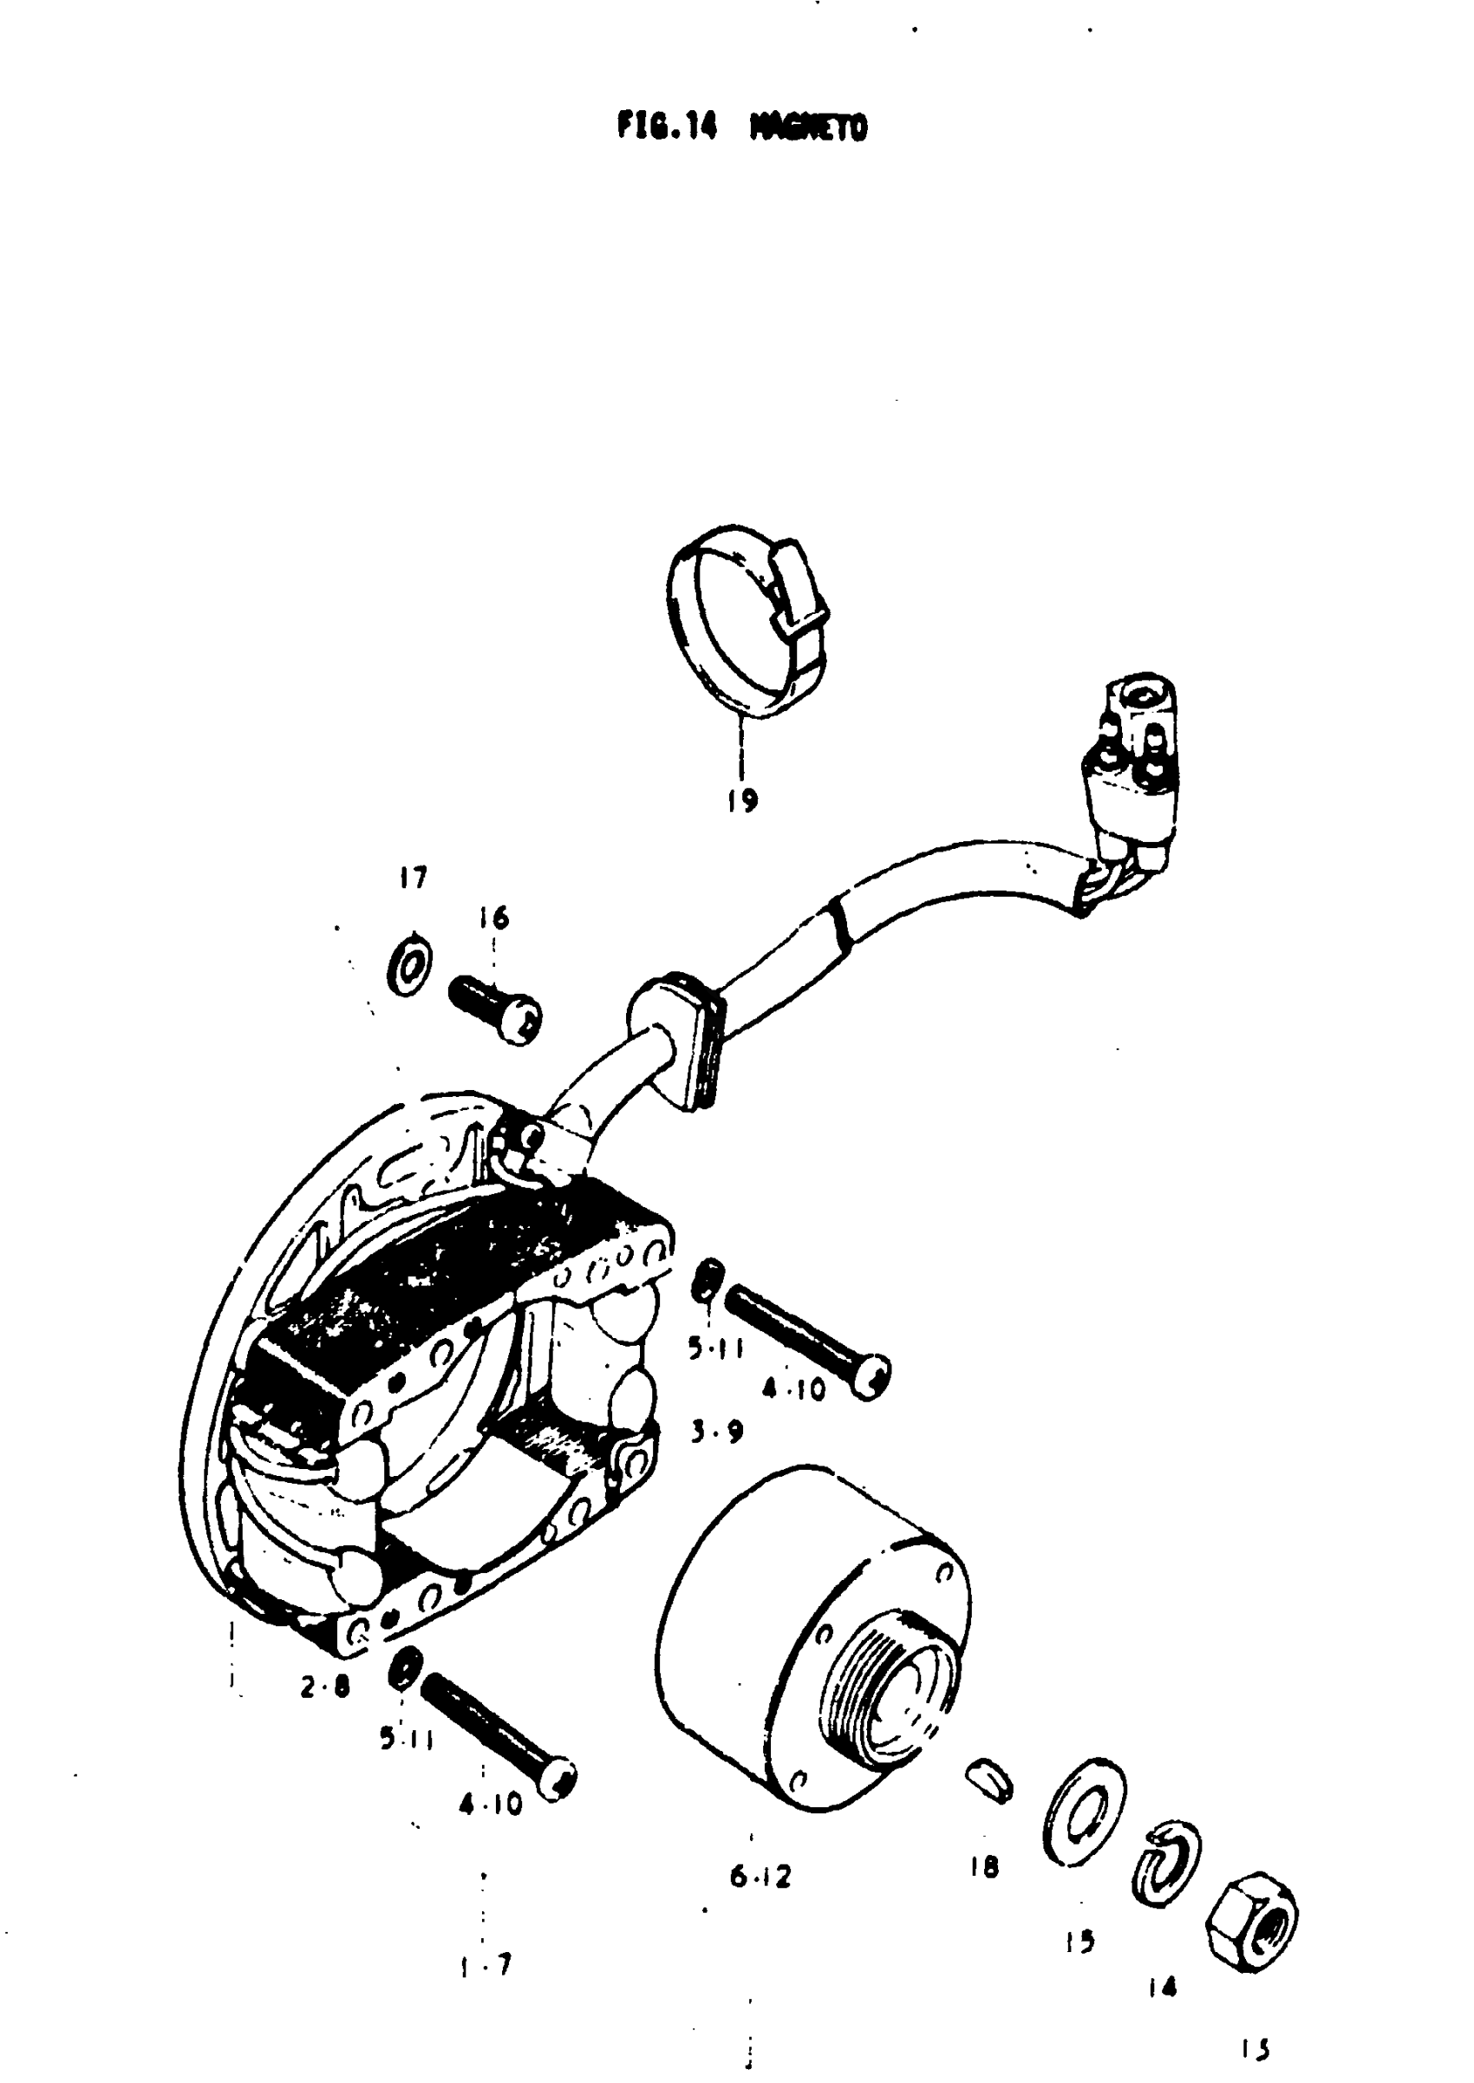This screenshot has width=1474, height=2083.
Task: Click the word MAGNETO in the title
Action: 809,128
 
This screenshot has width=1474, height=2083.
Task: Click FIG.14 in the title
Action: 666,126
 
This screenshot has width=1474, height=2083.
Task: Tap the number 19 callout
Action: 742,800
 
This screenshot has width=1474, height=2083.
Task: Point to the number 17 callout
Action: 413,878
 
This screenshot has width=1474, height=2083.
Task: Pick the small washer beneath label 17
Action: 409,966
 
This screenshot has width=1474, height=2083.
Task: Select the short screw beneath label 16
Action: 496,1009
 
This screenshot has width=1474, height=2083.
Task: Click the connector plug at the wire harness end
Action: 1133,772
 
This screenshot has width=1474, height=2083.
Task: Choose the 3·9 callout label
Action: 717,1432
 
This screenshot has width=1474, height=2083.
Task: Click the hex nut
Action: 1253,1921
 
